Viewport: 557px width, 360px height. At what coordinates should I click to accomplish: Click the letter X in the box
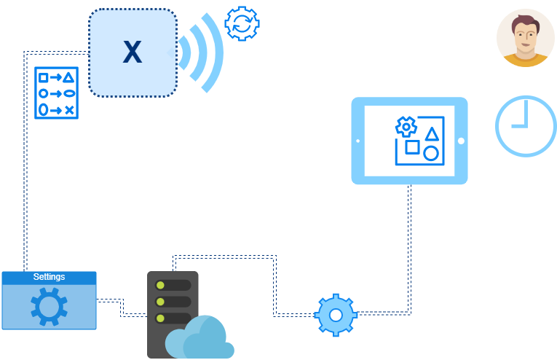[132, 52]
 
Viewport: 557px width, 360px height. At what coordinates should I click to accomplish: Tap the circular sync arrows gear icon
[242, 23]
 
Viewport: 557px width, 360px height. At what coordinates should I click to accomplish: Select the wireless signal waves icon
[200, 52]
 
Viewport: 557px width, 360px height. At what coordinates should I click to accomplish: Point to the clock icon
[526, 125]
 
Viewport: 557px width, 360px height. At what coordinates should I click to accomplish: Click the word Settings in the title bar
[49, 277]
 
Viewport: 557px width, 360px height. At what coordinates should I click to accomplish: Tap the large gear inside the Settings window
[49, 306]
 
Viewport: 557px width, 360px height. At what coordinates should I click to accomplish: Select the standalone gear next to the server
[336, 315]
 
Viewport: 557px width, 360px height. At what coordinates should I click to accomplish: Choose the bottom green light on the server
[159, 318]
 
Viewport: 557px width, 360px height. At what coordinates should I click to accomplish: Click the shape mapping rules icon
[56, 93]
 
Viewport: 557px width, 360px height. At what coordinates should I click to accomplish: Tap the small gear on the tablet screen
[405, 127]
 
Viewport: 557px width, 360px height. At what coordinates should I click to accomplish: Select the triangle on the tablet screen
[432, 133]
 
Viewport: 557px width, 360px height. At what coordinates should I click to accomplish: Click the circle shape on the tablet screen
[431, 154]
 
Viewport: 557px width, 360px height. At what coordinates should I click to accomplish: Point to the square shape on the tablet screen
[412, 147]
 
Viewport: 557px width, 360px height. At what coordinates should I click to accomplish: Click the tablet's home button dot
[461, 141]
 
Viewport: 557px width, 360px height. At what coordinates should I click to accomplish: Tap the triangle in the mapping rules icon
[69, 77]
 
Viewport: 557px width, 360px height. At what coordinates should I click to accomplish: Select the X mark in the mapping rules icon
[69, 110]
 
